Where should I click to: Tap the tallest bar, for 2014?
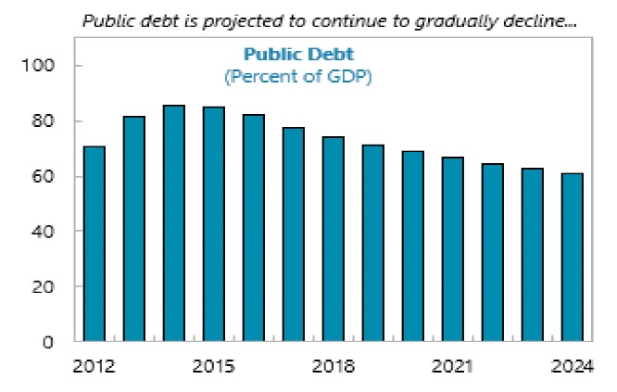coord(174,223)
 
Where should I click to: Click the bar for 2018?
coord(334,239)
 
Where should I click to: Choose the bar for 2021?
coord(453,249)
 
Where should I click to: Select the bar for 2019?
coord(373,243)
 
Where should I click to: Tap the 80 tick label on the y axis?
coord(46,121)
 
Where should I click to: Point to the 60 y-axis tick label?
coord(46,176)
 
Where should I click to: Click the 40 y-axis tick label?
coord(46,231)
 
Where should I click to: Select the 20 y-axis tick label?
coord(46,286)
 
